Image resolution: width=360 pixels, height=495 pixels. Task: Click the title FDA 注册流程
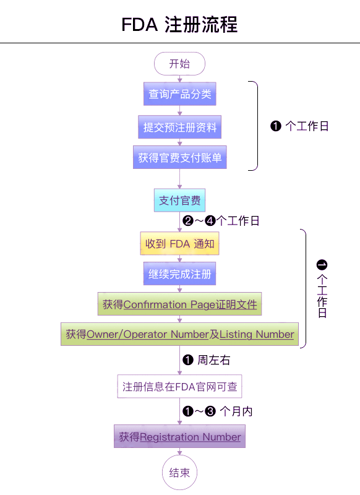179,25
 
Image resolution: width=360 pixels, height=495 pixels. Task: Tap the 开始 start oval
179,64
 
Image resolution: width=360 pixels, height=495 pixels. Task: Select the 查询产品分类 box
180,94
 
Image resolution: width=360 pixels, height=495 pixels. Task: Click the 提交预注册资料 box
180,127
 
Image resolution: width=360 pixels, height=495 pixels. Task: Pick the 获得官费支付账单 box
180,157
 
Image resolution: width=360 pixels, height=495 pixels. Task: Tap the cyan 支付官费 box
179,200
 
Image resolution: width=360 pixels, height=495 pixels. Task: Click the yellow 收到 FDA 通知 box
179,243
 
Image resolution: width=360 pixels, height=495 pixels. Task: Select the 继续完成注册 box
180,273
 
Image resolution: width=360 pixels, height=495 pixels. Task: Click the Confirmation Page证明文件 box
180,304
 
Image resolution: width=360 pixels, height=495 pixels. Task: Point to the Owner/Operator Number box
180,334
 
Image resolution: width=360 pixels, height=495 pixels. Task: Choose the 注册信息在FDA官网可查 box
179,386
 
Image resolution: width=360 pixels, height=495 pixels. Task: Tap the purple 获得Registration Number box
179,437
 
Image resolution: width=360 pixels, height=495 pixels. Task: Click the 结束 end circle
179,473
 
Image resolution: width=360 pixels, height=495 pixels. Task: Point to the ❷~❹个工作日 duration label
221,221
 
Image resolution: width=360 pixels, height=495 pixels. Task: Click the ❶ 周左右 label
207,360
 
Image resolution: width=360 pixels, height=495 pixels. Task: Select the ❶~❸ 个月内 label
218,411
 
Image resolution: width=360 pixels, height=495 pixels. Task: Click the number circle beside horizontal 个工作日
276,126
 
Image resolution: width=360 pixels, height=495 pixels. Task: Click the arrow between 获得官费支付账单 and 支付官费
180,179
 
